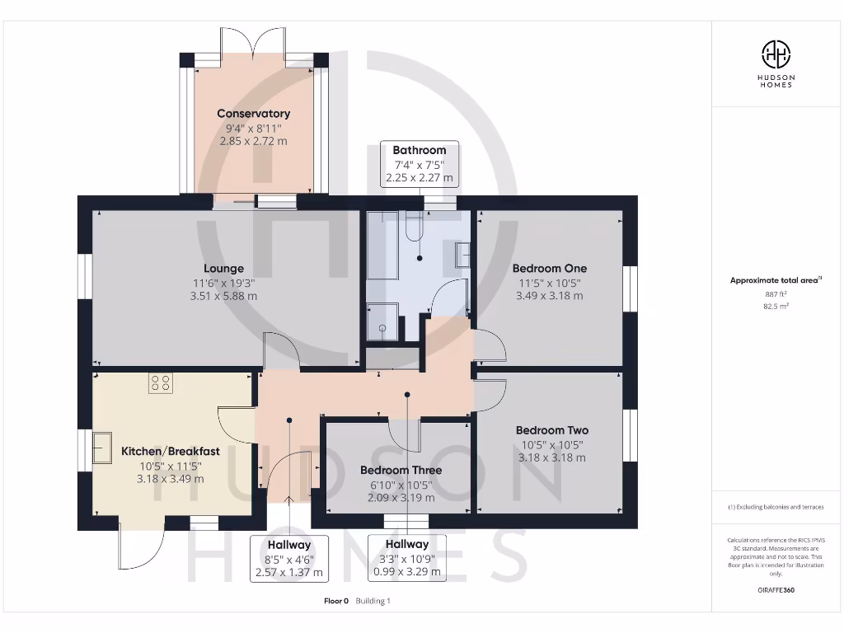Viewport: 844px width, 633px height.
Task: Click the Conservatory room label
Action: click(x=253, y=114)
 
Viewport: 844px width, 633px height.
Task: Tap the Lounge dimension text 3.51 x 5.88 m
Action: click(x=223, y=296)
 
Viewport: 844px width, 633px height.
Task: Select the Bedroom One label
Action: click(x=549, y=268)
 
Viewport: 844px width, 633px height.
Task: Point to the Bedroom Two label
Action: click(x=551, y=430)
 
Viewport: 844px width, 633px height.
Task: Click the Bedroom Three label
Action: click(x=401, y=470)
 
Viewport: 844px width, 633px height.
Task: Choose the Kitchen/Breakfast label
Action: click(x=170, y=451)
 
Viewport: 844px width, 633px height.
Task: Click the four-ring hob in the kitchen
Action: click(x=160, y=382)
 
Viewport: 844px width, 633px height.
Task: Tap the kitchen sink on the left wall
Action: click(x=103, y=448)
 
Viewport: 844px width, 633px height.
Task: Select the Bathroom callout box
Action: click(x=419, y=163)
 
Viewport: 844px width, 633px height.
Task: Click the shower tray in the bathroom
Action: click(x=382, y=321)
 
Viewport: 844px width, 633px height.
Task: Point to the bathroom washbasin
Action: click(x=462, y=257)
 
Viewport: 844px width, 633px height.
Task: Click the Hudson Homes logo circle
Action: click(x=775, y=55)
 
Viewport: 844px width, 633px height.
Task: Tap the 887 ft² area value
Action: click(x=775, y=293)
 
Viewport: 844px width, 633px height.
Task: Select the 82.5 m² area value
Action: click(x=775, y=306)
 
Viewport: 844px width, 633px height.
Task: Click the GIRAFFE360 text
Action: click(x=775, y=590)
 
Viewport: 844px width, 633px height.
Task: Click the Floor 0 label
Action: click(x=336, y=601)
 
